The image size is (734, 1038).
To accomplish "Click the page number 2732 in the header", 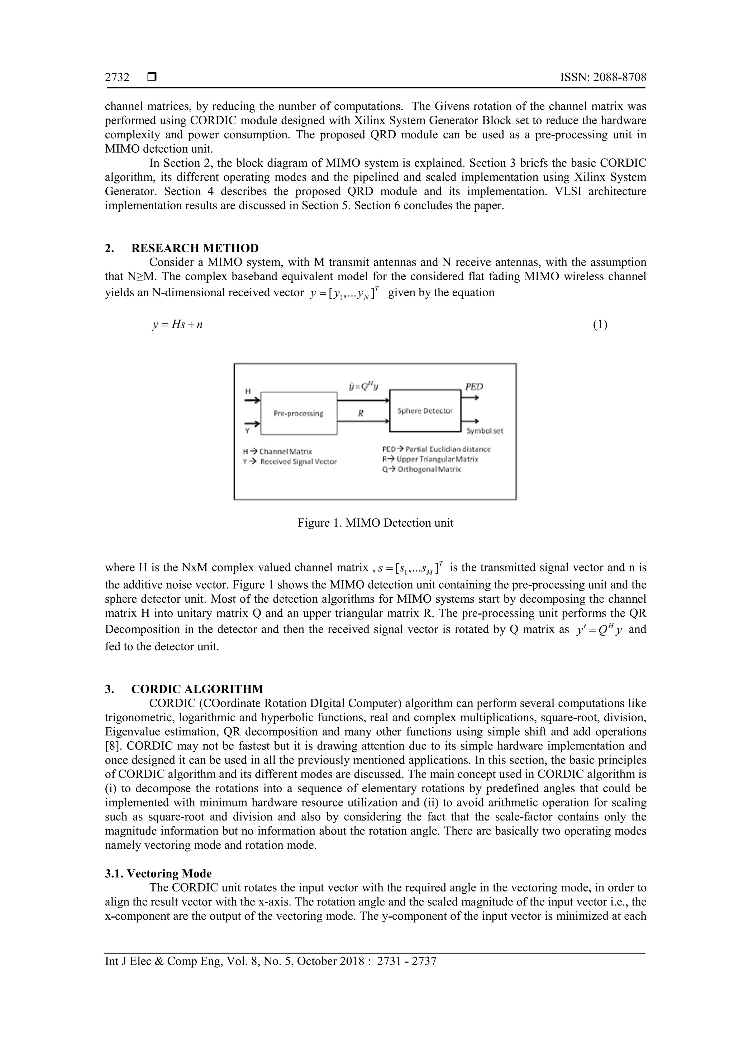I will (x=117, y=77).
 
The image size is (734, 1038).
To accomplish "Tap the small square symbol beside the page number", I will (x=152, y=77).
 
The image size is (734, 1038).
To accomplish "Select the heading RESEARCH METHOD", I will (x=195, y=248).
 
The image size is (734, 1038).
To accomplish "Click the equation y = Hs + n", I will (x=177, y=325).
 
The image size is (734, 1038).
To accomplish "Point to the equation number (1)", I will (x=600, y=325).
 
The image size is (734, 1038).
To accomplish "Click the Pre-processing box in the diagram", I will (x=299, y=413).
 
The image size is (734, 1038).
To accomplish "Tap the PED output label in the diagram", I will (x=474, y=387).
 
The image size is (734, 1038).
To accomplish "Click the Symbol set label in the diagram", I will (x=484, y=431).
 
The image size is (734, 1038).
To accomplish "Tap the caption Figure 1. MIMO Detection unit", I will (x=375, y=523).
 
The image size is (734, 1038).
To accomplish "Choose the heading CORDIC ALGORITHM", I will (x=197, y=689).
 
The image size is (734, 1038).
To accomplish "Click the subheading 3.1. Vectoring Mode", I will (x=158, y=874).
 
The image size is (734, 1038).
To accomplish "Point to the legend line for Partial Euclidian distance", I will (x=436, y=449).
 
